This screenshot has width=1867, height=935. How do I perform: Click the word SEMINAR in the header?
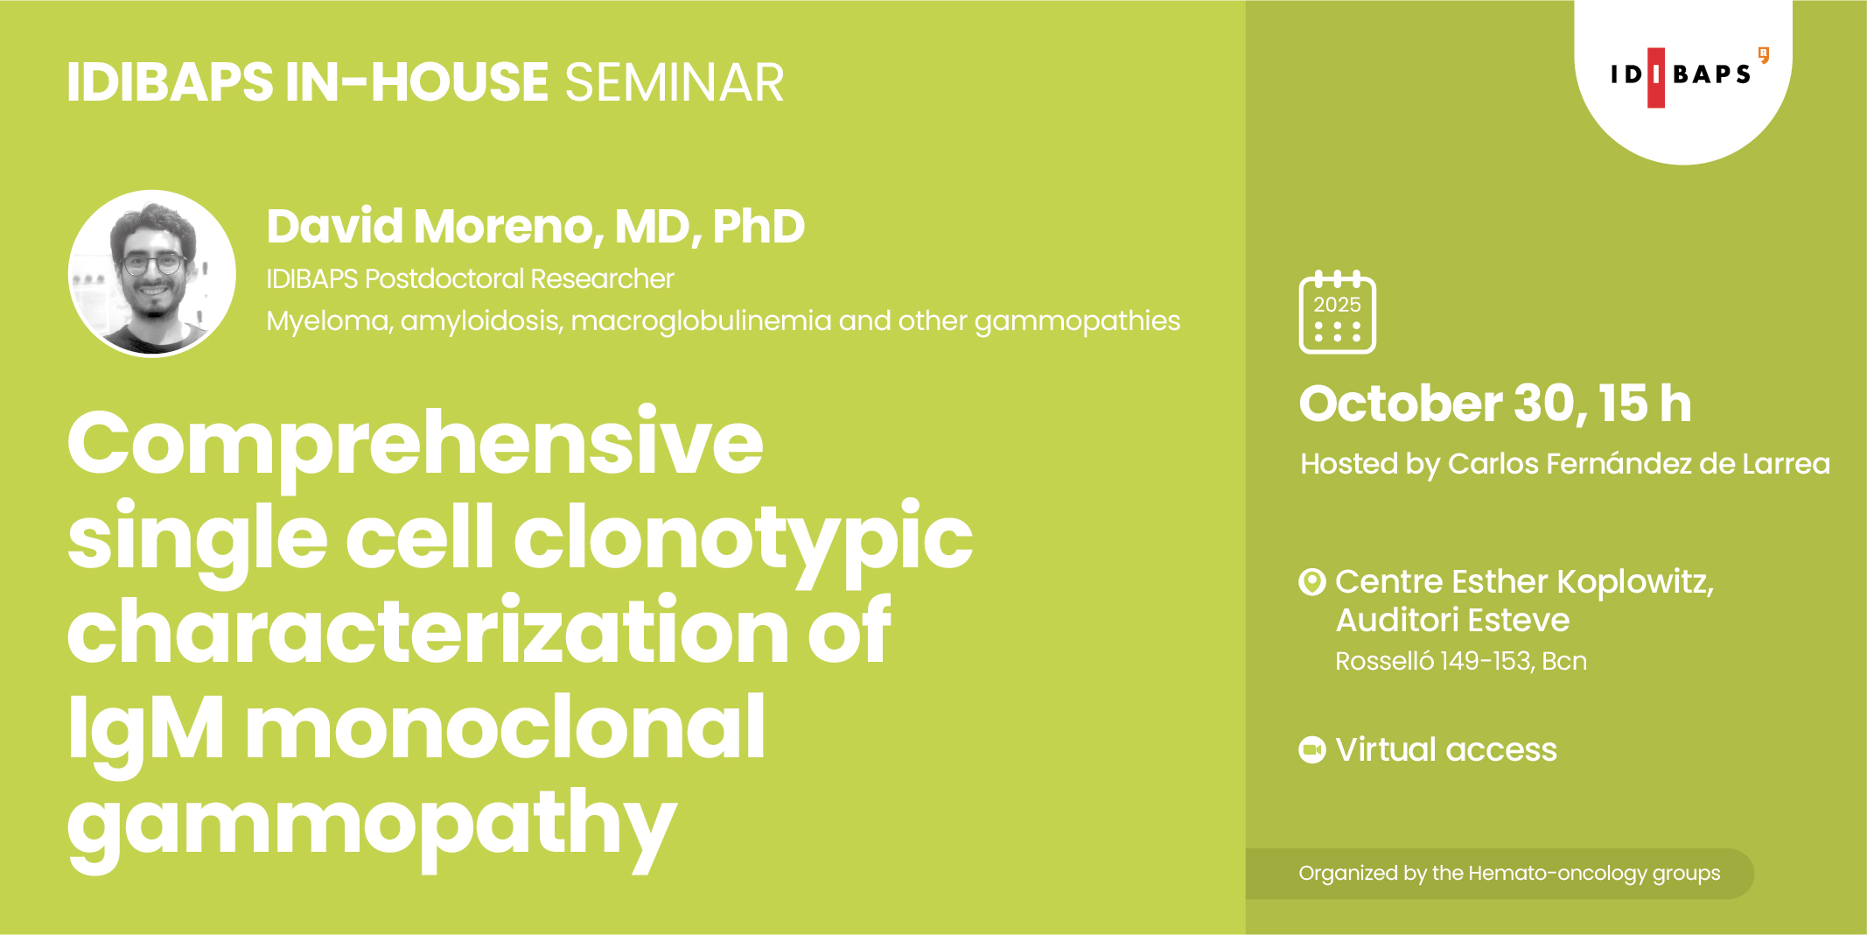click(x=675, y=83)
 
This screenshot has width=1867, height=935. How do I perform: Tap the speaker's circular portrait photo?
click(x=152, y=273)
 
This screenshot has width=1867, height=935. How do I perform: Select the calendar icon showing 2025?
click(x=1337, y=313)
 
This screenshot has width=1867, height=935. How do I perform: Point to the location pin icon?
click(x=1312, y=582)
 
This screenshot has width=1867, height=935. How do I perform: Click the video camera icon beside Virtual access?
click(x=1312, y=749)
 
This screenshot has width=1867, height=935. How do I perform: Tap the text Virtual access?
click(x=1446, y=750)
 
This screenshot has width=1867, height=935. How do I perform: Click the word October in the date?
click(x=1400, y=404)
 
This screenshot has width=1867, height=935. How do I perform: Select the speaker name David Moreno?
click(x=434, y=227)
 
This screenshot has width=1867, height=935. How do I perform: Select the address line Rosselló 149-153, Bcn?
click(x=1461, y=661)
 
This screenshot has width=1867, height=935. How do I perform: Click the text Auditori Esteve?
click(x=1452, y=621)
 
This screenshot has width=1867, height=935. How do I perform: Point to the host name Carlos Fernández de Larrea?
click(x=1639, y=463)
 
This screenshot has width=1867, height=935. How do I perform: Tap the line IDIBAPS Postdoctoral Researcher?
click(x=471, y=279)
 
